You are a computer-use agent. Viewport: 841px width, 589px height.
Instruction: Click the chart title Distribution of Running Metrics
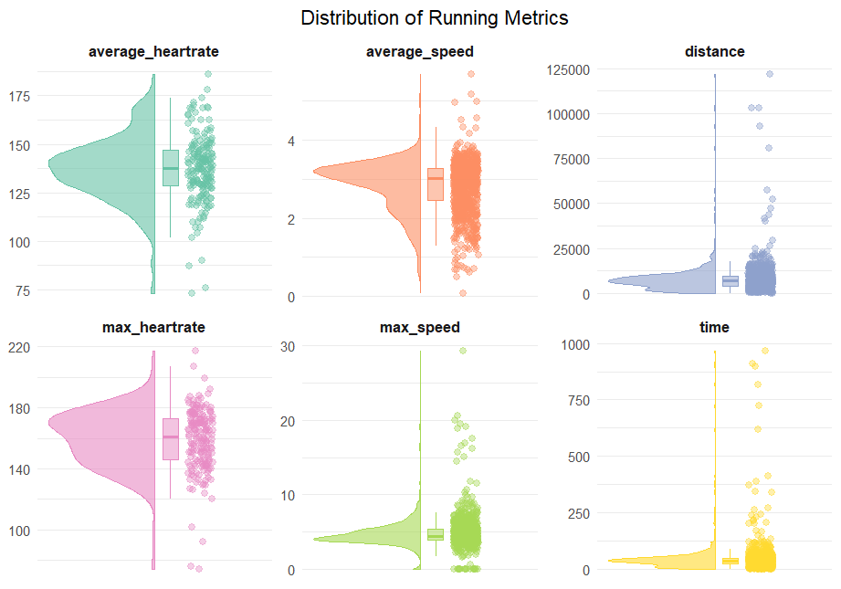coord(434,18)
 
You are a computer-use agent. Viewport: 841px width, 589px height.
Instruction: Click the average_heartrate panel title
coord(153,52)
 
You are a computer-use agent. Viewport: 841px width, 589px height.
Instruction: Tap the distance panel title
coord(714,52)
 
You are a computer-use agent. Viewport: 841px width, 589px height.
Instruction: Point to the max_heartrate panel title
coord(153,327)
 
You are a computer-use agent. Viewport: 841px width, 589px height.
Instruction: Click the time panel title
coord(714,327)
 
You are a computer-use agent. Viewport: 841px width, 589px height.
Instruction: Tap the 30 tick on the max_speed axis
coord(298,346)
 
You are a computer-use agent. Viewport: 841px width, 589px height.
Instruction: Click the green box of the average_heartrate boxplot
coord(170,168)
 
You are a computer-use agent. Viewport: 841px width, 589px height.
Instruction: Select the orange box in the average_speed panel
coord(435,184)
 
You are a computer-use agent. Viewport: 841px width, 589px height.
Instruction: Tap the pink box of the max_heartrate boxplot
coord(171,439)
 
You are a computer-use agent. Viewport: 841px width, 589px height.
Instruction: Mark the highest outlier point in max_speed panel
coord(462,350)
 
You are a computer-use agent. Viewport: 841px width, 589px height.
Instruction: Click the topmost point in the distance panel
coord(770,74)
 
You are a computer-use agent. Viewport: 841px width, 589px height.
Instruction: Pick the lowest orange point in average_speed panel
coord(462,293)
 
